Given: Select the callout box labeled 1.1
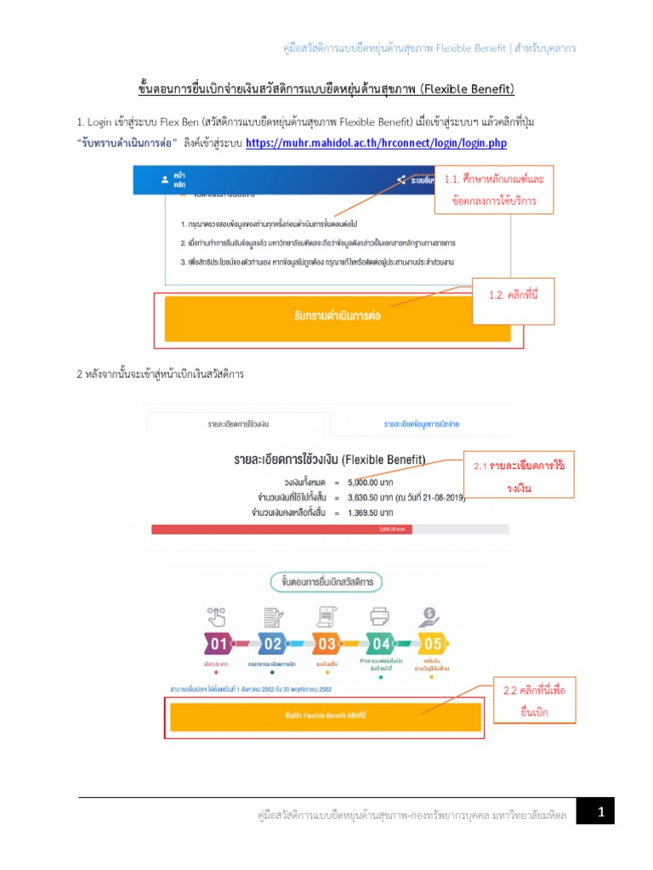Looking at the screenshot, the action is coord(493,191).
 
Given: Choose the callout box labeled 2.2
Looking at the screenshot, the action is coord(533,701).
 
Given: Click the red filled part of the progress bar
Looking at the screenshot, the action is coord(281,529).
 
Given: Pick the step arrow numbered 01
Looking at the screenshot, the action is coord(219,644).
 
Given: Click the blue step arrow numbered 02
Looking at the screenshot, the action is coord(272,644).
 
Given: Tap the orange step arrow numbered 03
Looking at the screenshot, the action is coord(326,644).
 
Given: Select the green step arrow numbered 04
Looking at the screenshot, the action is coord(380,644).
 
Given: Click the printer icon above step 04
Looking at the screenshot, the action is coord(379,615).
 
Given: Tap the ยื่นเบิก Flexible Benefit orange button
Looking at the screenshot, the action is coord(326,716).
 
